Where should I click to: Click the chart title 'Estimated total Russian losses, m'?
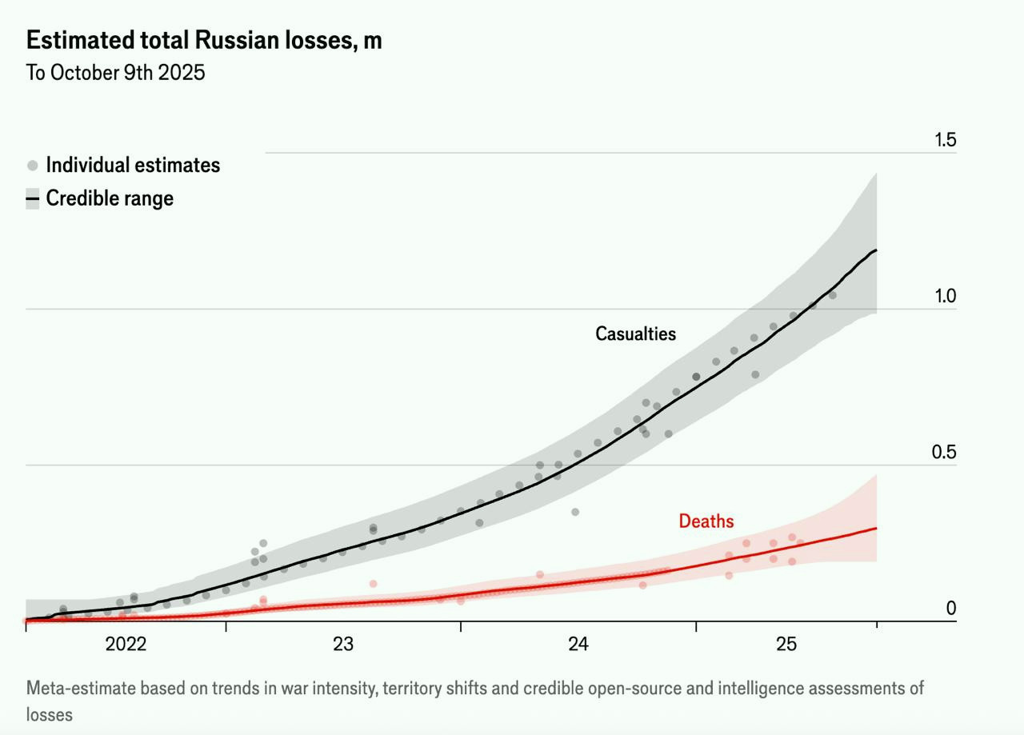tap(204, 40)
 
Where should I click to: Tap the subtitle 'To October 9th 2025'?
tap(116, 73)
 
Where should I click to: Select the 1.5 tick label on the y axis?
tap(945, 140)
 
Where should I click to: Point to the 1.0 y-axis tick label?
tap(945, 297)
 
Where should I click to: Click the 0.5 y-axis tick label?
tap(945, 453)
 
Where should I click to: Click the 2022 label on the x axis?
tap(126, 645)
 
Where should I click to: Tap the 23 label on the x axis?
tap(343, 645)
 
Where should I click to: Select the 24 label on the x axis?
tap(578, 645)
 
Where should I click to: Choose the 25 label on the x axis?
tap(786, 645)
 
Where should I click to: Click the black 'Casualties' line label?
tap(635, 334)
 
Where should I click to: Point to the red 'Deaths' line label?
tap(706, 521)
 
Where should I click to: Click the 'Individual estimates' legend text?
tap(133, 166)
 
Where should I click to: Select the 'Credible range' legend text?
tap(110, 198)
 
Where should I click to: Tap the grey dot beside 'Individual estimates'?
tap(33, 166)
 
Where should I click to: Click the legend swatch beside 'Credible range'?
tap(33, 198)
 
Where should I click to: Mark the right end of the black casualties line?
tap(877, 250)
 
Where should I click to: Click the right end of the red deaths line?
tap(877, 528)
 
